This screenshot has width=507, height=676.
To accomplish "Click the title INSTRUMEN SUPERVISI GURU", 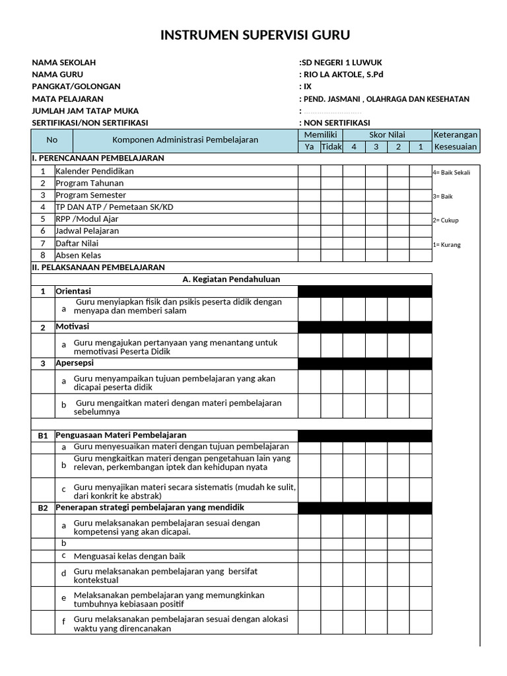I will (x=255, y=35).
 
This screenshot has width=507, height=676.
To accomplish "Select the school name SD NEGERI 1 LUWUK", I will (x=337, y=62).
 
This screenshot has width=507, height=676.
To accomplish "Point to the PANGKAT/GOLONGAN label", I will (x=77, y=86).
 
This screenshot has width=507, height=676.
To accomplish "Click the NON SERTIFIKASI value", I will (x=336, y=123).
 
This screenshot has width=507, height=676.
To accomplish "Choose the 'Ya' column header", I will (x=309, y=147).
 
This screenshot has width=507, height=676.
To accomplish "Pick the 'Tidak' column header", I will (x=331, y=147).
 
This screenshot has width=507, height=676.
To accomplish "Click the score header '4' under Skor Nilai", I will (x=354, y=147).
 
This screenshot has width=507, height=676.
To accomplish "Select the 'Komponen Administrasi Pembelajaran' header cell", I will (x=185, y=140).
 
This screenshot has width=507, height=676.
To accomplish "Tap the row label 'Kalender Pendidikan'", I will (x=94, y=171).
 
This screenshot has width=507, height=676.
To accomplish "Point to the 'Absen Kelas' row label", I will (x=79, y=255).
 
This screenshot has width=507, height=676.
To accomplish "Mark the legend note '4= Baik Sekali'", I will (x=452, y=172).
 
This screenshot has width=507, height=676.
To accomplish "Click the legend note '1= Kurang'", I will (x=446, y=245).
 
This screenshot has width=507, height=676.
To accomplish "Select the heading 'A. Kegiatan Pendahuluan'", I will (x=231, y=279).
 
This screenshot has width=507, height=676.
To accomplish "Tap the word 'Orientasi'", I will (x=73, y=291).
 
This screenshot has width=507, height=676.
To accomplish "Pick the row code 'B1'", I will (x=43, y=436).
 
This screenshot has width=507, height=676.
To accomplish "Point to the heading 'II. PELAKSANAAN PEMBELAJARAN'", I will (x=98, y=267).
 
